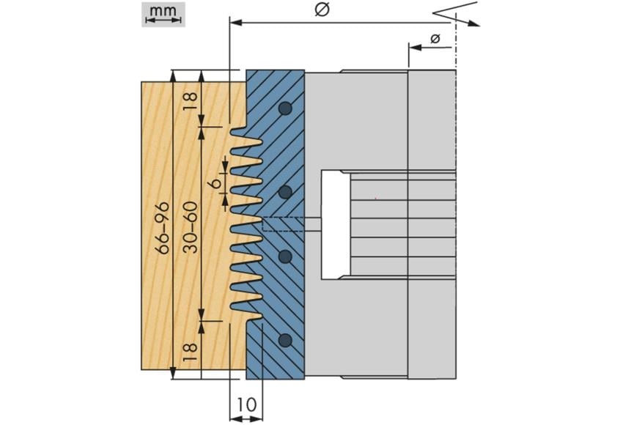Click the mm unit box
tap(163, 14)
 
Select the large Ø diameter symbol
tap(321, 10)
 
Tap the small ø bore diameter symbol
tap(435, 38)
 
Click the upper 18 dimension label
tap(190, 100)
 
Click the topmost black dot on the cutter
tap(285, 108)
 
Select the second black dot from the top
tap(285, 192)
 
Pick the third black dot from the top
tap(285, 256)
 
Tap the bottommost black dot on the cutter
tap(285, 340)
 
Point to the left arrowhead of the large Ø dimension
tap(236, 23)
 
